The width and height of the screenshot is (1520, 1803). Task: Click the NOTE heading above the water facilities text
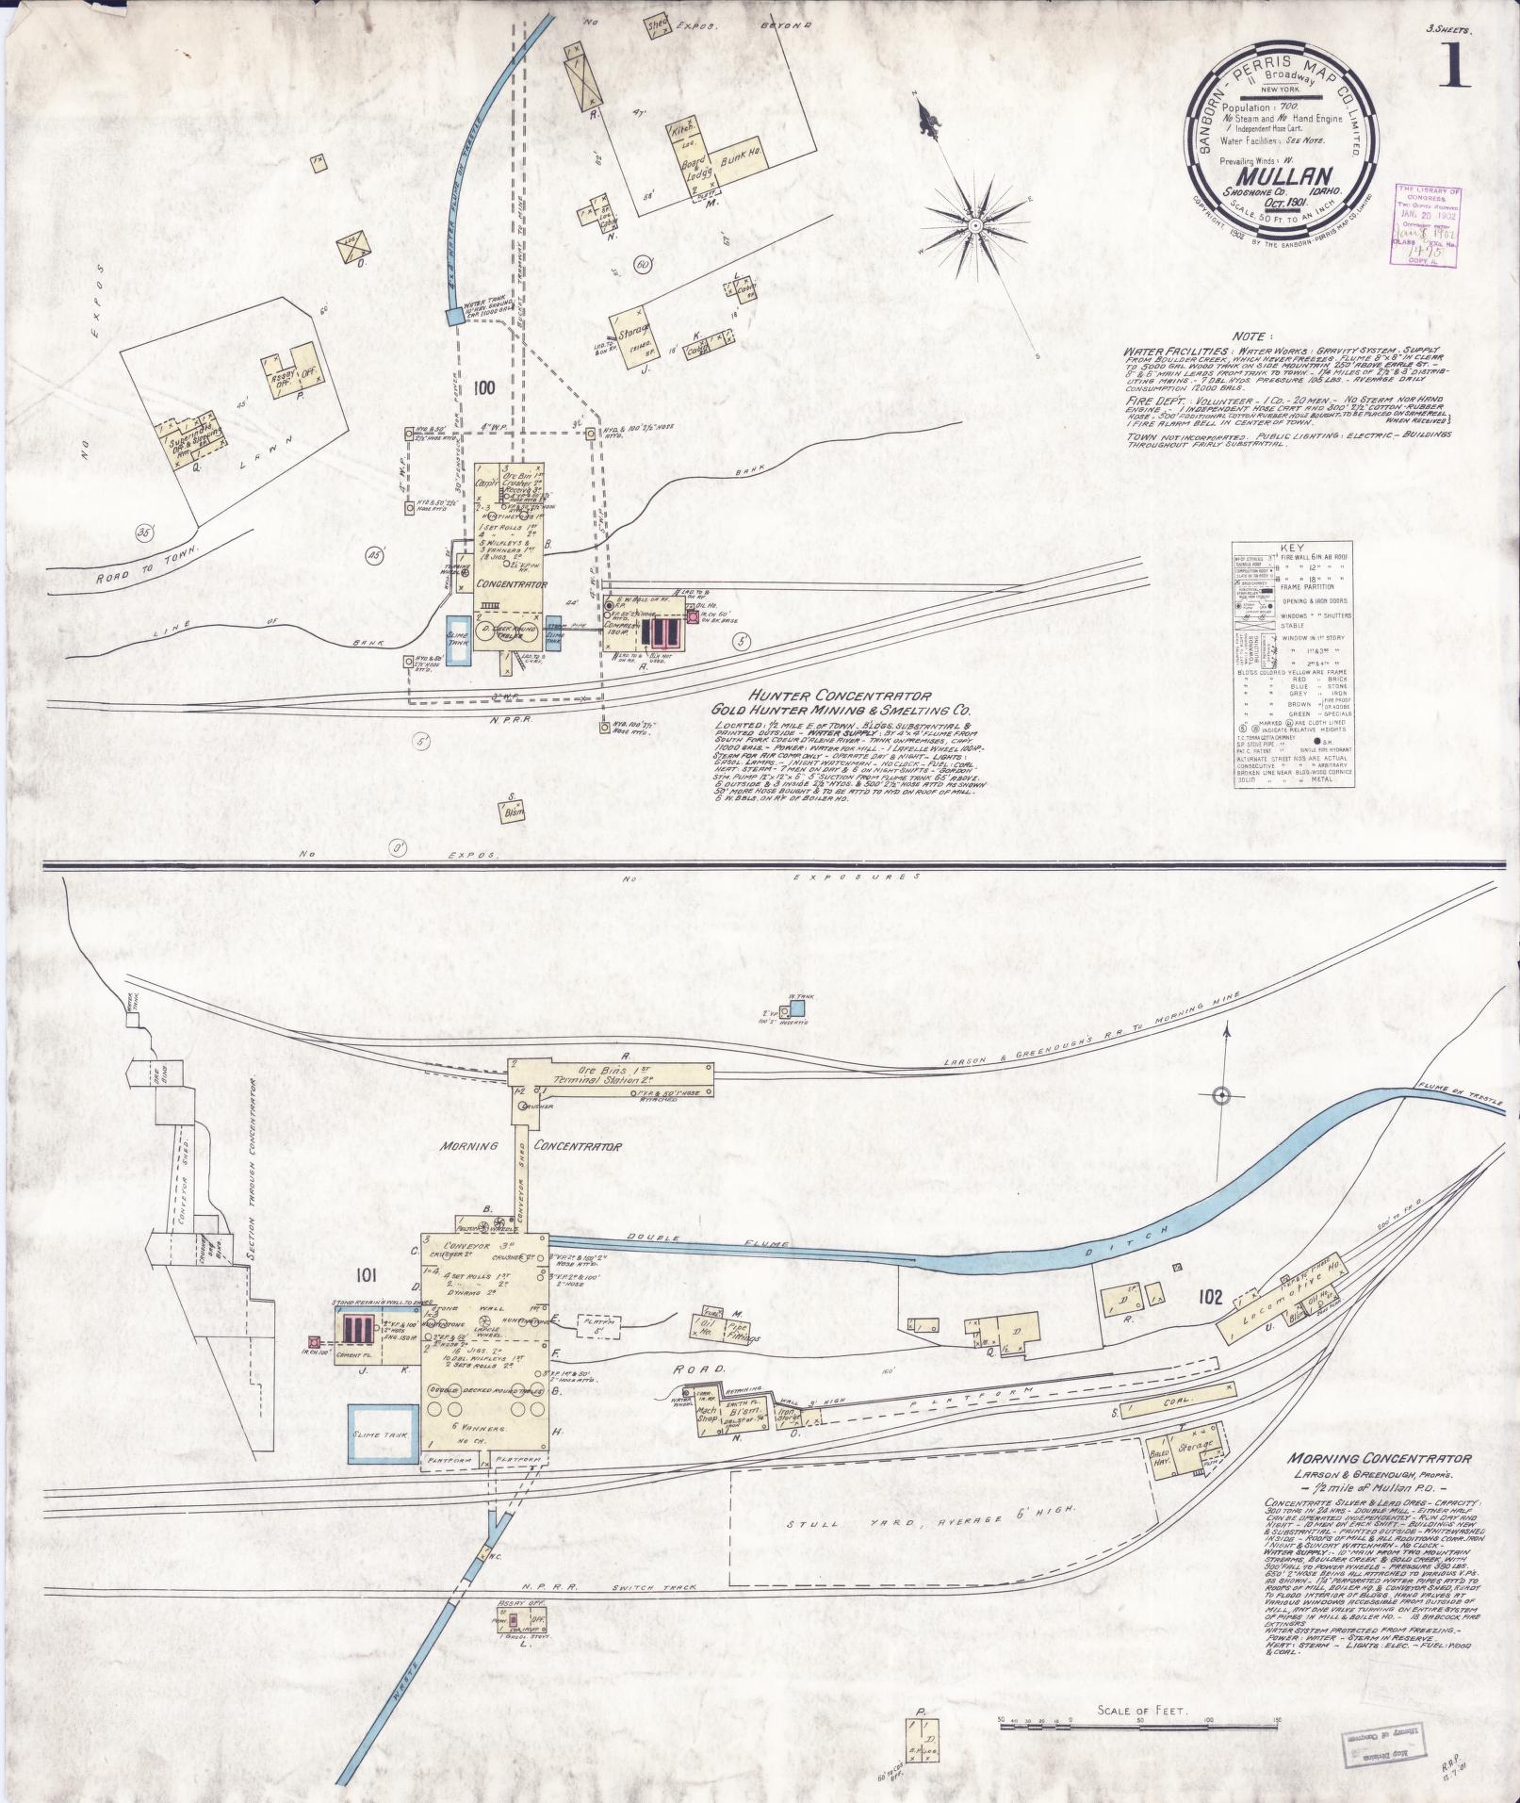(x=1250, y=336)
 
